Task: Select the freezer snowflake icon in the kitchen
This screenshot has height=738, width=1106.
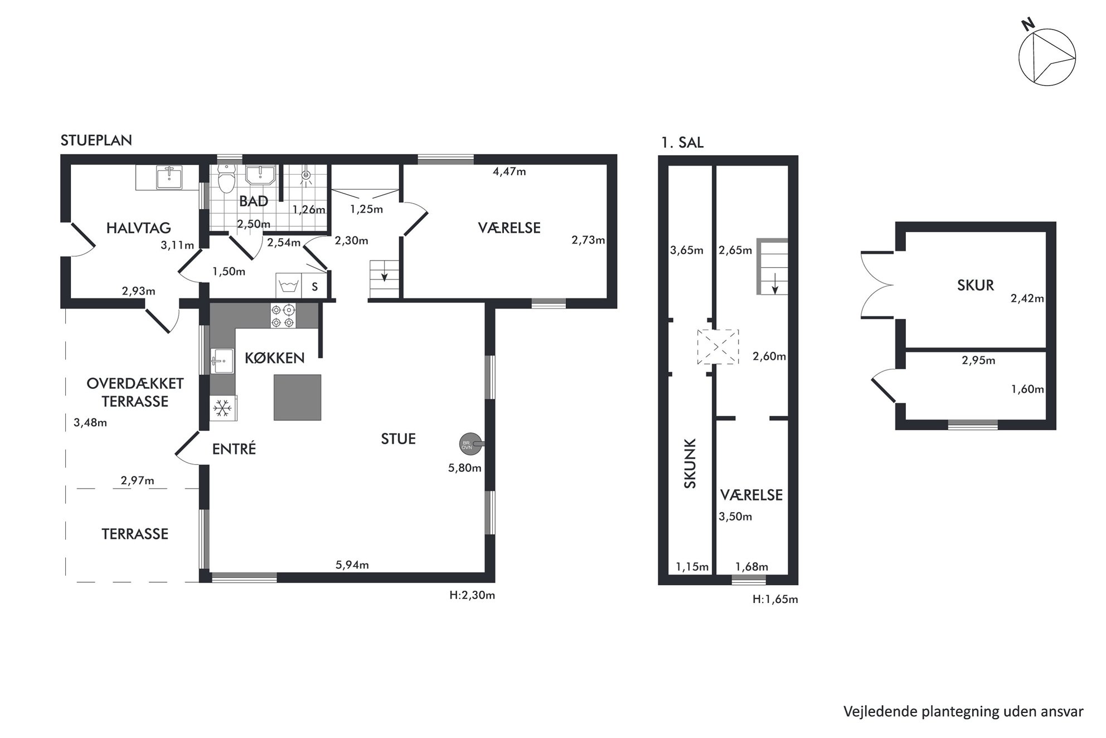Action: pyautogui.click(x=223, y=408)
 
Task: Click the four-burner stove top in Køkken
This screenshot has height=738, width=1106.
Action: pyautogui.click(x=283, y=315)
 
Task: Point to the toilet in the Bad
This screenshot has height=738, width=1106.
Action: pyautogui.click(x=226, y=179)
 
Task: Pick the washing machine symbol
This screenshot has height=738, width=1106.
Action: pyautogui.click(x=288, y=286)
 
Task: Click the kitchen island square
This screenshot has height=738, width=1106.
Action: pyautogui.click(x=297, y=397)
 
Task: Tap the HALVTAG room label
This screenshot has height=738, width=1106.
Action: pyautogui.click(x=138, y=228)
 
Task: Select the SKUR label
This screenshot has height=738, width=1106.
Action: pyautogui.click(x=976, y=285)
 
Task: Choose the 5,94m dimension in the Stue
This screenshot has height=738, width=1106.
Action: pyautogui.click(x=352, y=565)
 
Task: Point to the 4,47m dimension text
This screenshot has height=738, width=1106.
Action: pyautogui.click(x=509, y=171)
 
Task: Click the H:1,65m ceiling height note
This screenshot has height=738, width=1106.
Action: pyautogui.click(x=775, y=600)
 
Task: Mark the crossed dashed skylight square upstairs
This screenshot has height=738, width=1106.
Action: pyautogui.click(x=718, y=346)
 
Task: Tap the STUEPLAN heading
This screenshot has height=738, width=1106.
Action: pyautogui.click(x=96, y=140)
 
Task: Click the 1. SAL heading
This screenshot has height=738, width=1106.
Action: pyautogui.click(x=682, y=143)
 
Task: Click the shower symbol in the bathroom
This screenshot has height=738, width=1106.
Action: pyautogui.click(x=305, y=175)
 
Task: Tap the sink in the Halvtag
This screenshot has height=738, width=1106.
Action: pyautogui.click(x=168, y=177)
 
